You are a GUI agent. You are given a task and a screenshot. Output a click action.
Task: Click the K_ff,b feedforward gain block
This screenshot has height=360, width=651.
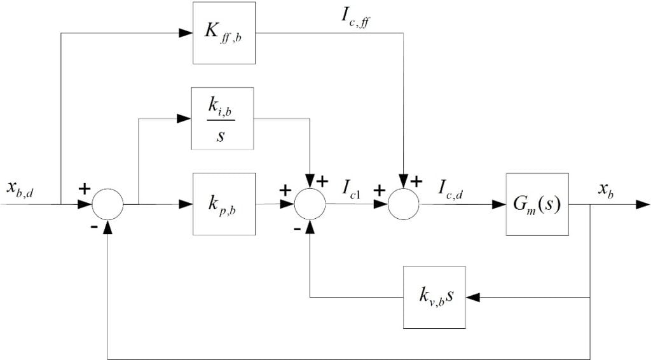[224, 32]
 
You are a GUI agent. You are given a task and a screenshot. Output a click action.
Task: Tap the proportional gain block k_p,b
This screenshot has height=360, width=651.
[224, 204]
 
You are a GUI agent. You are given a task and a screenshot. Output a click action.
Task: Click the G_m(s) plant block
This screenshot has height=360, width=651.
[537, 204]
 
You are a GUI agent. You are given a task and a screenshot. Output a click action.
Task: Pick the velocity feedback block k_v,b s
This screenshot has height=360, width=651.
[434, 297]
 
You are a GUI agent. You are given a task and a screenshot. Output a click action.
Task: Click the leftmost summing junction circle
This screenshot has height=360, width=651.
[107, 204]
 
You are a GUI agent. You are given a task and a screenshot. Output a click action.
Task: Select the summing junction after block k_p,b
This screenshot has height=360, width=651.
[310, 204]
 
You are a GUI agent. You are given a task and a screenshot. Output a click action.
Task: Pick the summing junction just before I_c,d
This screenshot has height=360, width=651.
[404, 204]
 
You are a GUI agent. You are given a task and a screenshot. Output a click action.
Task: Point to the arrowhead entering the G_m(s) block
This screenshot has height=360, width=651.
[498, 204]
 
